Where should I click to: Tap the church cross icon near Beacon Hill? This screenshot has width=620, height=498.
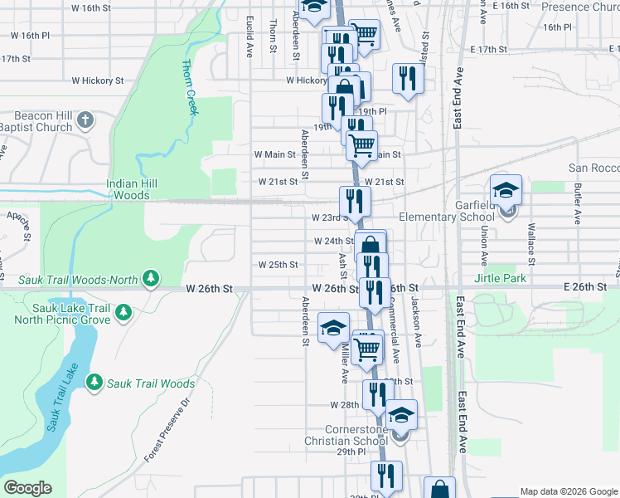[85, 122]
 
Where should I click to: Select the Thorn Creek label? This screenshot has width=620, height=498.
[190, 86]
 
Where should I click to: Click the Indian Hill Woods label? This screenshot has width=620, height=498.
[128, 190]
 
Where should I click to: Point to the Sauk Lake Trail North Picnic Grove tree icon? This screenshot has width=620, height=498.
[124, 313]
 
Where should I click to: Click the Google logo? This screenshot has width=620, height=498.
[27, 488]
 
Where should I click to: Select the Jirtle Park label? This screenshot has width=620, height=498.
[500, 279]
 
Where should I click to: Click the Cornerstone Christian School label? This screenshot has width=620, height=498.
[345, 435]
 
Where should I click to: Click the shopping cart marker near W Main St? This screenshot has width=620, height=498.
[361, 145]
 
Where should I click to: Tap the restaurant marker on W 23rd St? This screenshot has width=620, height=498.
[355, 202]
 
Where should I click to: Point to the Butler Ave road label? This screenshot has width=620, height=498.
[578, 205]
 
